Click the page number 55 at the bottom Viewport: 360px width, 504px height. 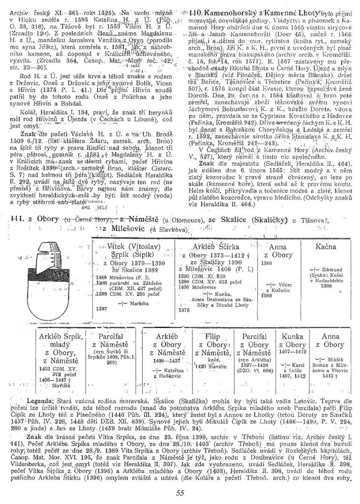coord(180,492)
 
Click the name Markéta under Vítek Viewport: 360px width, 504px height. coord(131,303)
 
